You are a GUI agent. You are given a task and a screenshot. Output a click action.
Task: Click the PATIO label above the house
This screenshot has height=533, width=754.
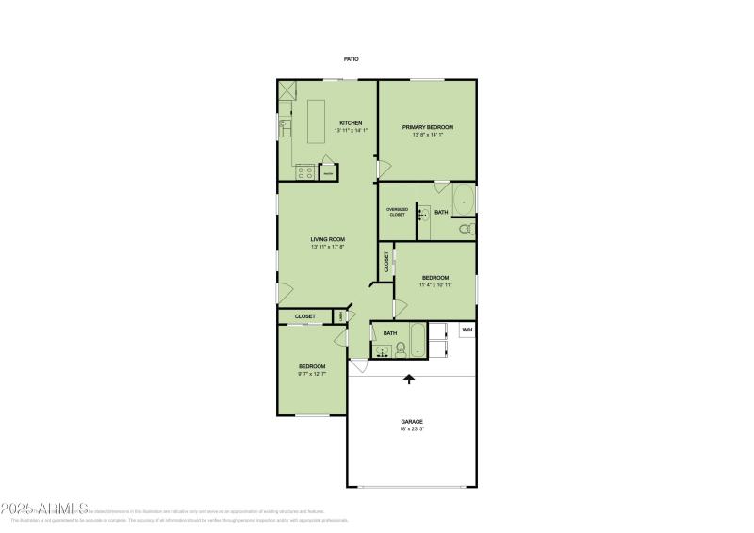coord(351,59)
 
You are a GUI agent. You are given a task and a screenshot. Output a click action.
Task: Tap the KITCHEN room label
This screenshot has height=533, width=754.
coord(351,123)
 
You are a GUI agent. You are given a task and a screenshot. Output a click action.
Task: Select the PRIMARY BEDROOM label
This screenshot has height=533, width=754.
coord(428,127)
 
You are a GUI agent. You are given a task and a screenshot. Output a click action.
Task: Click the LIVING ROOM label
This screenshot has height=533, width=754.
coord(328,239)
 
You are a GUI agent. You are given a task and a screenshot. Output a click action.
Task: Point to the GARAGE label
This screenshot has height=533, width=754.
coord(411,421)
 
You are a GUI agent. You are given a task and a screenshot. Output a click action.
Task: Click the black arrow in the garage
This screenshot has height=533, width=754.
coord(409,380)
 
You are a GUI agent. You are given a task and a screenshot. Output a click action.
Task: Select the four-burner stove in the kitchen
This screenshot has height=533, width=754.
coord(304,172)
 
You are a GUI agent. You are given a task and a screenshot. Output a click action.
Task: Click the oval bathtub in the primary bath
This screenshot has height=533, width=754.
coord(464,200)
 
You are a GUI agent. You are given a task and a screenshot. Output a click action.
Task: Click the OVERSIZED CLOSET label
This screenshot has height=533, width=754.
coord(397,212)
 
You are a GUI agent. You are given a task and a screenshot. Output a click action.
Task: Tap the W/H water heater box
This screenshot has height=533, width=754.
coord(467,330)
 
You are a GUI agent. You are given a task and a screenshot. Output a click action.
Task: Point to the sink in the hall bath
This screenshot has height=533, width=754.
coord(381,352)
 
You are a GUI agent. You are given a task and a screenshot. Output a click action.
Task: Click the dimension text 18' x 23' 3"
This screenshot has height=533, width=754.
coord(411,429)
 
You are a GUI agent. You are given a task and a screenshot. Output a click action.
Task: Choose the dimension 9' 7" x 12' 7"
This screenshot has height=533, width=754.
coord(312,374)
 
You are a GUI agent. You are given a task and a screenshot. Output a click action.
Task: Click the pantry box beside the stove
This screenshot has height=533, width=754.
coord(328,173)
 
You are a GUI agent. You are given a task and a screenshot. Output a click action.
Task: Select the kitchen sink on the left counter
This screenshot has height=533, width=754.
coord(284,126)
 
